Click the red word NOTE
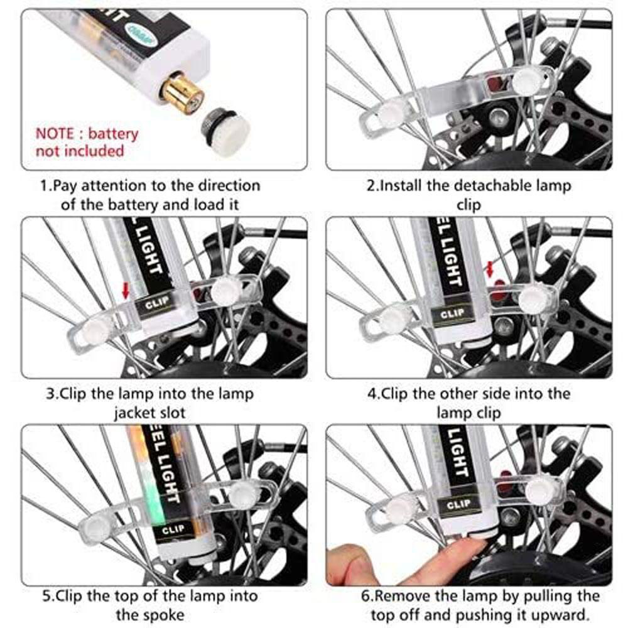pyautogui.click(x=58, y=134)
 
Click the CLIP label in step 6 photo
pyautogui.click(x=458, y=504)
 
